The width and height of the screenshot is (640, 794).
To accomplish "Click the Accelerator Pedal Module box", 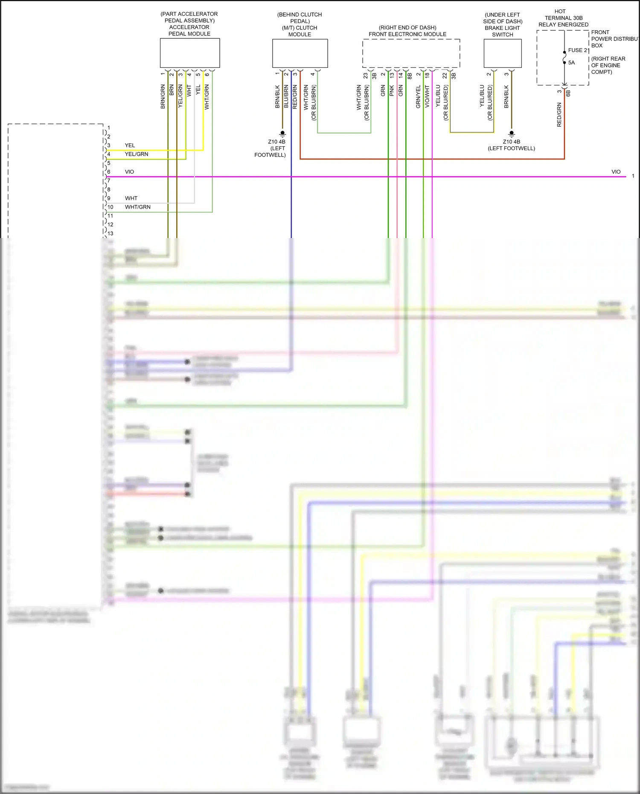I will (189, 53).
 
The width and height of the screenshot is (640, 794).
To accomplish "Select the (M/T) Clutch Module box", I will (300, 53).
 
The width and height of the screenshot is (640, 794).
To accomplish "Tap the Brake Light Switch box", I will (502, 53).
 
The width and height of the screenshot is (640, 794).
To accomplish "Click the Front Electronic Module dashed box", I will (411, 53).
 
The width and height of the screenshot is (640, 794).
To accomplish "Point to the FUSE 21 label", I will (579, 50).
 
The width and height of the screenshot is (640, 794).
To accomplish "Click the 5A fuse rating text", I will (572, 63).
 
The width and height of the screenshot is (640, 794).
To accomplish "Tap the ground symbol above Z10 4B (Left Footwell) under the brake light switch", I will (512, 134).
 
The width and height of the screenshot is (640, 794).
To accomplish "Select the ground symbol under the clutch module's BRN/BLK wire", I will (282, 134).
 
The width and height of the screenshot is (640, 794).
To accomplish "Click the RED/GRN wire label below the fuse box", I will (559, 115).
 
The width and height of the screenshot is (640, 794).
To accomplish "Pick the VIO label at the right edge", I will (616, 172).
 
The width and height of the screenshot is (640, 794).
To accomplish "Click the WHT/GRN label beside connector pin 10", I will (137, 207).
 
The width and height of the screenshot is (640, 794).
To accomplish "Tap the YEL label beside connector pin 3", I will (130, 145).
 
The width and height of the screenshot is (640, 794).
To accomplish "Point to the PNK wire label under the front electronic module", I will (392, 90).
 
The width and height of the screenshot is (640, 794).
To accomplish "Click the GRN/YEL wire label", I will (419, 97).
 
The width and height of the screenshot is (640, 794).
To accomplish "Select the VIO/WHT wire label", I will (427, 97).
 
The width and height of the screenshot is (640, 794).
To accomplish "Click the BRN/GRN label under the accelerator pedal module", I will (163, 96).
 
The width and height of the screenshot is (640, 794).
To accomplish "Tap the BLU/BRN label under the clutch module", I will (286, 97).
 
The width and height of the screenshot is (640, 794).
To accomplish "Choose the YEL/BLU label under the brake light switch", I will (482, 96).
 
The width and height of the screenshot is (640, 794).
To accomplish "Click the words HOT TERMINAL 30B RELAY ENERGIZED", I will (563, 18).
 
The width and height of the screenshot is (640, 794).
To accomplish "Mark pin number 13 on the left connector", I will (111, 233).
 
